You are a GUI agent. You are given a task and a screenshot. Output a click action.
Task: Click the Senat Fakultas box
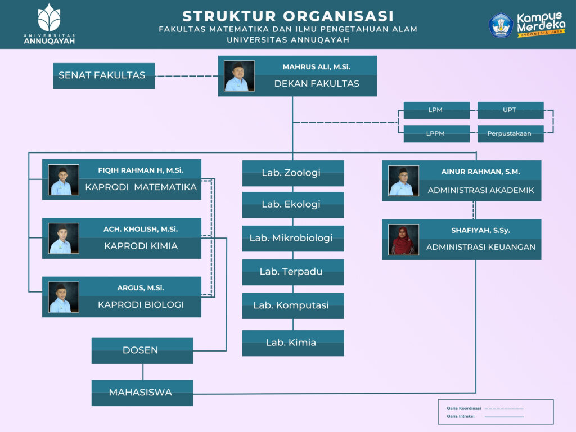point(103,75)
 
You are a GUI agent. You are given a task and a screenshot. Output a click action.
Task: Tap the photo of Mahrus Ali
point(239,76)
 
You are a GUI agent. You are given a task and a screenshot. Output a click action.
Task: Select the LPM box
point(436,110)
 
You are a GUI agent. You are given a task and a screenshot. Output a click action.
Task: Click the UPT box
point(510,110)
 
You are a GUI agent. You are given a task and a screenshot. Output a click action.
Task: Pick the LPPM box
point(436,134)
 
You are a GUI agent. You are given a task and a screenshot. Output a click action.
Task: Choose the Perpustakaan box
point(510,134)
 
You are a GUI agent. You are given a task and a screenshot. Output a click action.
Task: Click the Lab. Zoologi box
point(292,173)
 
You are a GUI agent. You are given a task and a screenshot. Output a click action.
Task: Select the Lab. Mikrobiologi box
point(292,238)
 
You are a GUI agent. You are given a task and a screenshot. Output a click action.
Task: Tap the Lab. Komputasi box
point(292,305)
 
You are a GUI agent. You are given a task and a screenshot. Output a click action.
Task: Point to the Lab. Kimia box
point(292,343)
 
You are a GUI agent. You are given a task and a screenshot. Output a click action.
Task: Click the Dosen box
point(142,350)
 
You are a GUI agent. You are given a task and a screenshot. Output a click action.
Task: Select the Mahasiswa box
point(142,393)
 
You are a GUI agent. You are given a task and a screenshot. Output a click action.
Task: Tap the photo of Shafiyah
point(403,240)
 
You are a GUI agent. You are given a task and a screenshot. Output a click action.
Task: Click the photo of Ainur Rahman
point(403,181)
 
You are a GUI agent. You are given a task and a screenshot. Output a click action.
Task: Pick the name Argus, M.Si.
point(141,287)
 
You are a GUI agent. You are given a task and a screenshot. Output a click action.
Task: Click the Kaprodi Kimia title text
point(141,246)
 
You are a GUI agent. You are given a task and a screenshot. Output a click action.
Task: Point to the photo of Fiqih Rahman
point(63,180)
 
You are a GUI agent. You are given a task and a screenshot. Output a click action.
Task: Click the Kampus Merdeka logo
point(527,25)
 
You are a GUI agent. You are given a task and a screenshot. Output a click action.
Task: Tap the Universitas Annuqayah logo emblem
point(49,18)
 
